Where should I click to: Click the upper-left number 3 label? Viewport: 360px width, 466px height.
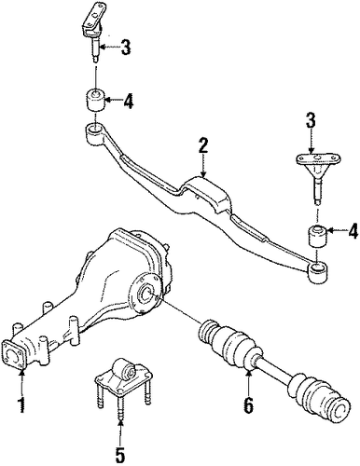[125, 47]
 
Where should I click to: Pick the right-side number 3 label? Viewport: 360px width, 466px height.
[311, 120]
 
